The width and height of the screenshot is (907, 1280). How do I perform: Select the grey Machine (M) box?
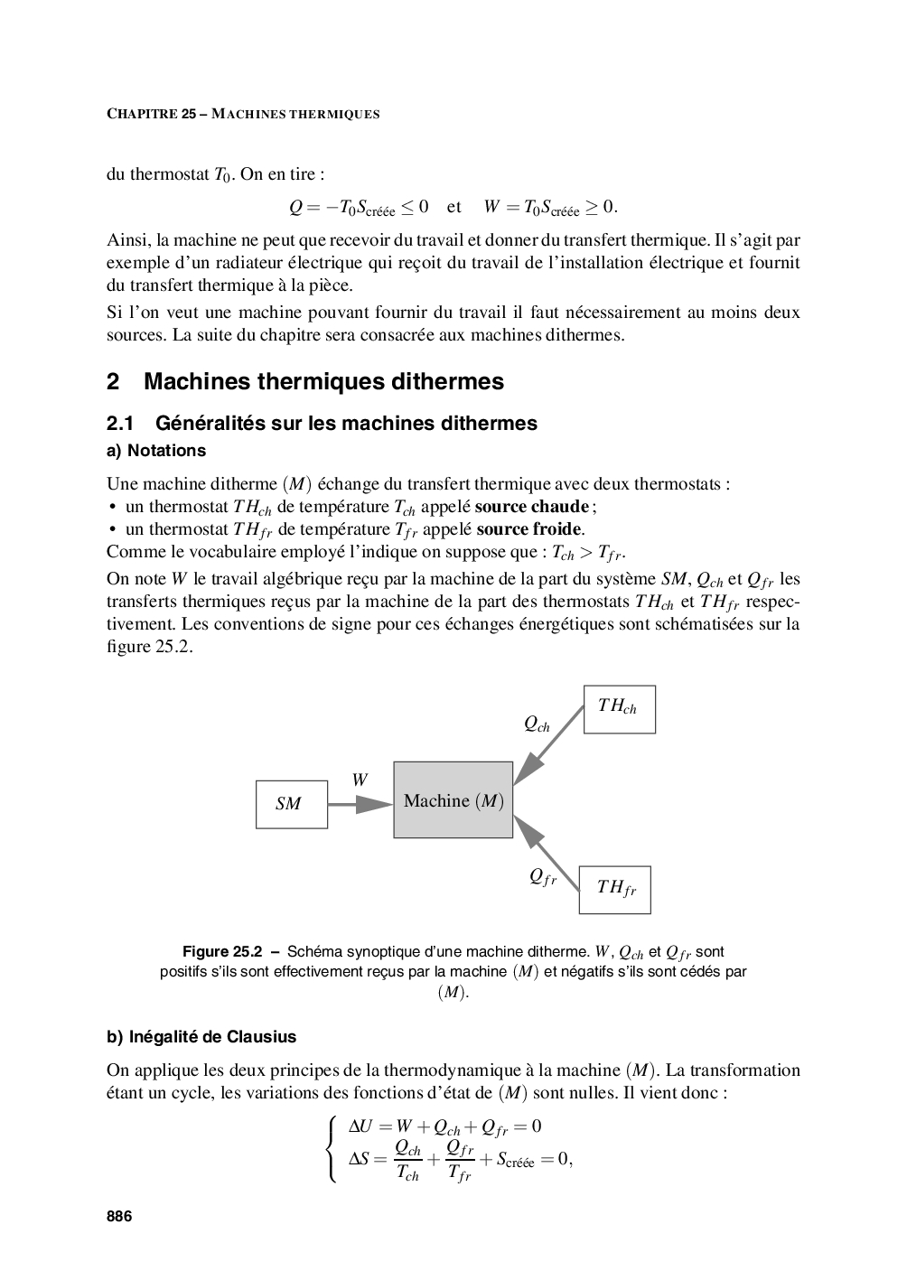tap(453, 800)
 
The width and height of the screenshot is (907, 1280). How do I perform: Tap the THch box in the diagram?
tap(619, 708)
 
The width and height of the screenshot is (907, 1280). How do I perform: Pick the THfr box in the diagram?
tap(614, 889)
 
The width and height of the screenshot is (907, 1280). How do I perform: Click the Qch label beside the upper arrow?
tap(537, 724)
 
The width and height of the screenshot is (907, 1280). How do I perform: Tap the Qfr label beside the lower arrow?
tap(542, 876)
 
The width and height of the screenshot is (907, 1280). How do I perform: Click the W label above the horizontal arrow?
tap(360, 780)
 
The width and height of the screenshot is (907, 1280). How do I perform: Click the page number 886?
tap(119, 1217)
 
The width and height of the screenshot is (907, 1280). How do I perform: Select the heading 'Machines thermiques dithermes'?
tap(323, 382)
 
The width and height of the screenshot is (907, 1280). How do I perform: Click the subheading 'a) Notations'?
tap(156, 451)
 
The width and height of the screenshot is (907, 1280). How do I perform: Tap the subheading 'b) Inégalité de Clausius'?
tap(201, 1037)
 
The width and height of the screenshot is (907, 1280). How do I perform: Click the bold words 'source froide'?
tap(528, 529)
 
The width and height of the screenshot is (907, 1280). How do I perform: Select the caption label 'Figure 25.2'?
tap(222, 952)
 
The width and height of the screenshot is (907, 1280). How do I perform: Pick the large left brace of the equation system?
tap(333, 1150)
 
